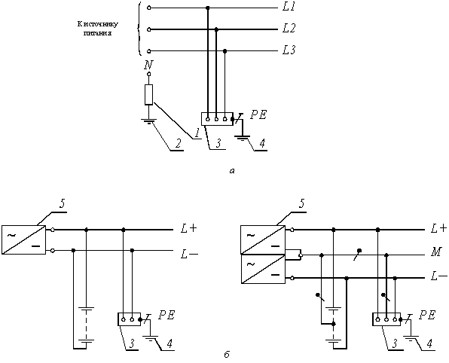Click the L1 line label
pos(289,8)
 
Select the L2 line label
pos(289,29)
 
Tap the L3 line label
pos(289,50)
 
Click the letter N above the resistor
pos(148,66)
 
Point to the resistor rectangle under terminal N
pos(148,95)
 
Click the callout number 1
pos(197,133)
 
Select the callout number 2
pos(178,144)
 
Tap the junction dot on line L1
pos(208,8)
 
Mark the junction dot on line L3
pos(225,51)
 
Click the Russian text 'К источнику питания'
pos(98,29)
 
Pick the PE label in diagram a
pos(258,115)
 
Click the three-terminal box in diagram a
pos(217,119)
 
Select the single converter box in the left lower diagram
pos(24,239)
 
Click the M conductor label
pos(435,252)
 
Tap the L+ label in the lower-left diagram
pos(189,228)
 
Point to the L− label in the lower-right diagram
pos(439,276)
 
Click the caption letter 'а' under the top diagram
pos(232,171)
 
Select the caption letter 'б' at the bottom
pos(227,355)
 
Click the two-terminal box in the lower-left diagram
pos(129,319)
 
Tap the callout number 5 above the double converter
pos(301,204)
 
